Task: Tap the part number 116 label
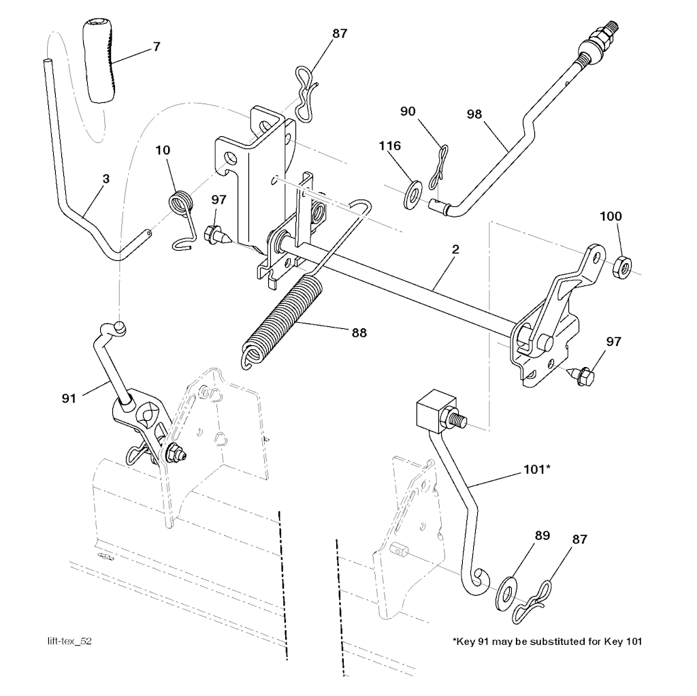[x=390, y=146]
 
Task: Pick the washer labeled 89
[x=506, y=594]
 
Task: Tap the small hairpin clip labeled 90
[x=438, y=168]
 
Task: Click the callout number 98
[x=474, y=114]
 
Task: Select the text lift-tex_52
[x=69, y=641]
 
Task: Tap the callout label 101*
[x=538, y=469]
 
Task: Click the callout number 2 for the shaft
[x=455, y=249]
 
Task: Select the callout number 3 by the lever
[x=106, y=179]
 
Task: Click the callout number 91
[x=69, y=398]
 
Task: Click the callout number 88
[x=359, y=332]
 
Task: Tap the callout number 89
[x=542, y=535]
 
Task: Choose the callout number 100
[x=611, y=216]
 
